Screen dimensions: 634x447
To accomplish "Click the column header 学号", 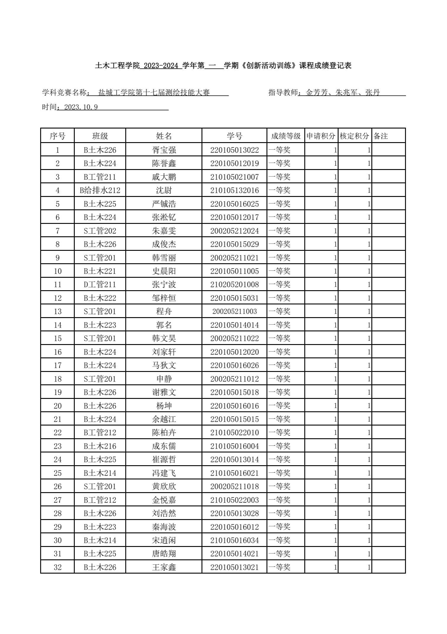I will pos(234,136).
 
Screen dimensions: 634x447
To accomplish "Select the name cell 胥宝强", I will pos(164,150).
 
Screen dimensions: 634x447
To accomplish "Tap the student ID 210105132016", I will pos(234,190).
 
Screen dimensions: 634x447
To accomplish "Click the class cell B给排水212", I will pos(100,190).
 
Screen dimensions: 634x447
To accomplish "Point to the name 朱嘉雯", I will pos(164,231).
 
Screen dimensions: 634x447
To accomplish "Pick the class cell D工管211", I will pos(100,285).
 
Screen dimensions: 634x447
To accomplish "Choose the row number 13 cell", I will pos(58,312).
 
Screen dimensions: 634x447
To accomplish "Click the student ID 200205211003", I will pos(234,312).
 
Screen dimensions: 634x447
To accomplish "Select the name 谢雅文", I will pos(164,392).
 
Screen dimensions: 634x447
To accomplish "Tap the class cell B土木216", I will pos(100,446).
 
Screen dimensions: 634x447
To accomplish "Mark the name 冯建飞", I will pos(164,473).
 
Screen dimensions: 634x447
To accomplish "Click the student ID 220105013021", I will pos(234,567).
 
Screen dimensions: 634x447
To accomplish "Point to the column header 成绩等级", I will pos(286,136).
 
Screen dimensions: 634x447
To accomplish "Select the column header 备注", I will pos(381,136).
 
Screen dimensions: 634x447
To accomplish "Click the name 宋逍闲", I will pos(164,540).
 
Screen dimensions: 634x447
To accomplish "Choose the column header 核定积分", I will pos(354,136).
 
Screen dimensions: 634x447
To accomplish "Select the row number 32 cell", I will pos(58,567).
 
